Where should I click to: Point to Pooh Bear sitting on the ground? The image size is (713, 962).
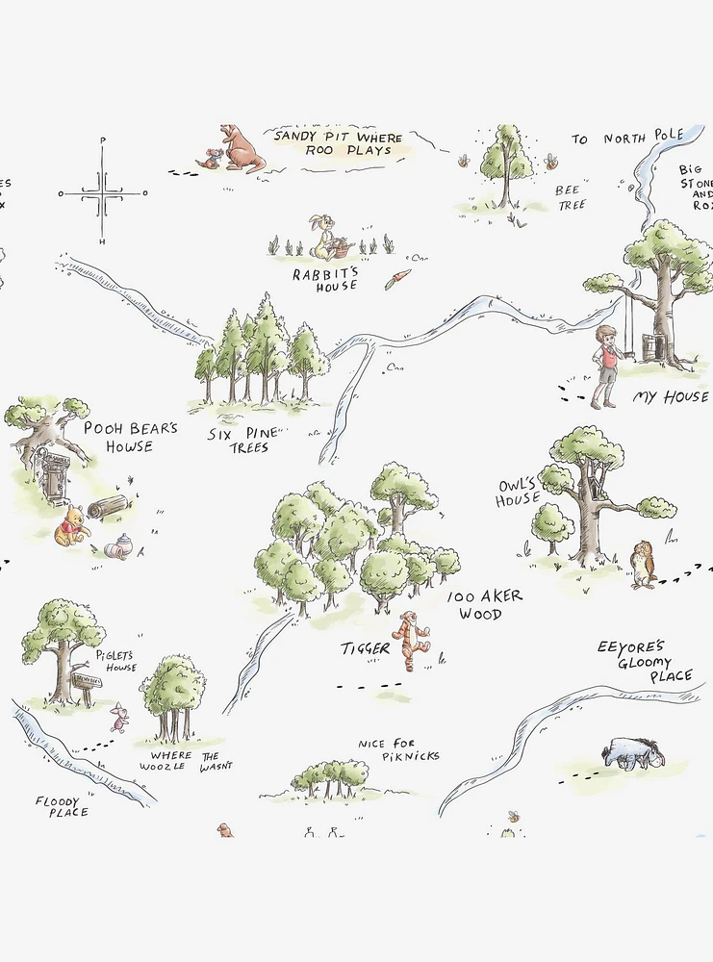coord(70,527)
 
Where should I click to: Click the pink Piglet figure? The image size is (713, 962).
coord(119,717)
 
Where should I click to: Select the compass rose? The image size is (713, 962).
coord(103,192)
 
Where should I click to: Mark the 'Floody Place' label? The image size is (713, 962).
coord(63,806)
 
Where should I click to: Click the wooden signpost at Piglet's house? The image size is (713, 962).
coord(85,684)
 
